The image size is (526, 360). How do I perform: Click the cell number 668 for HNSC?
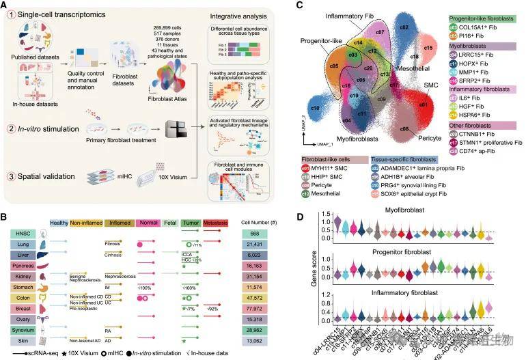(257, 232)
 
